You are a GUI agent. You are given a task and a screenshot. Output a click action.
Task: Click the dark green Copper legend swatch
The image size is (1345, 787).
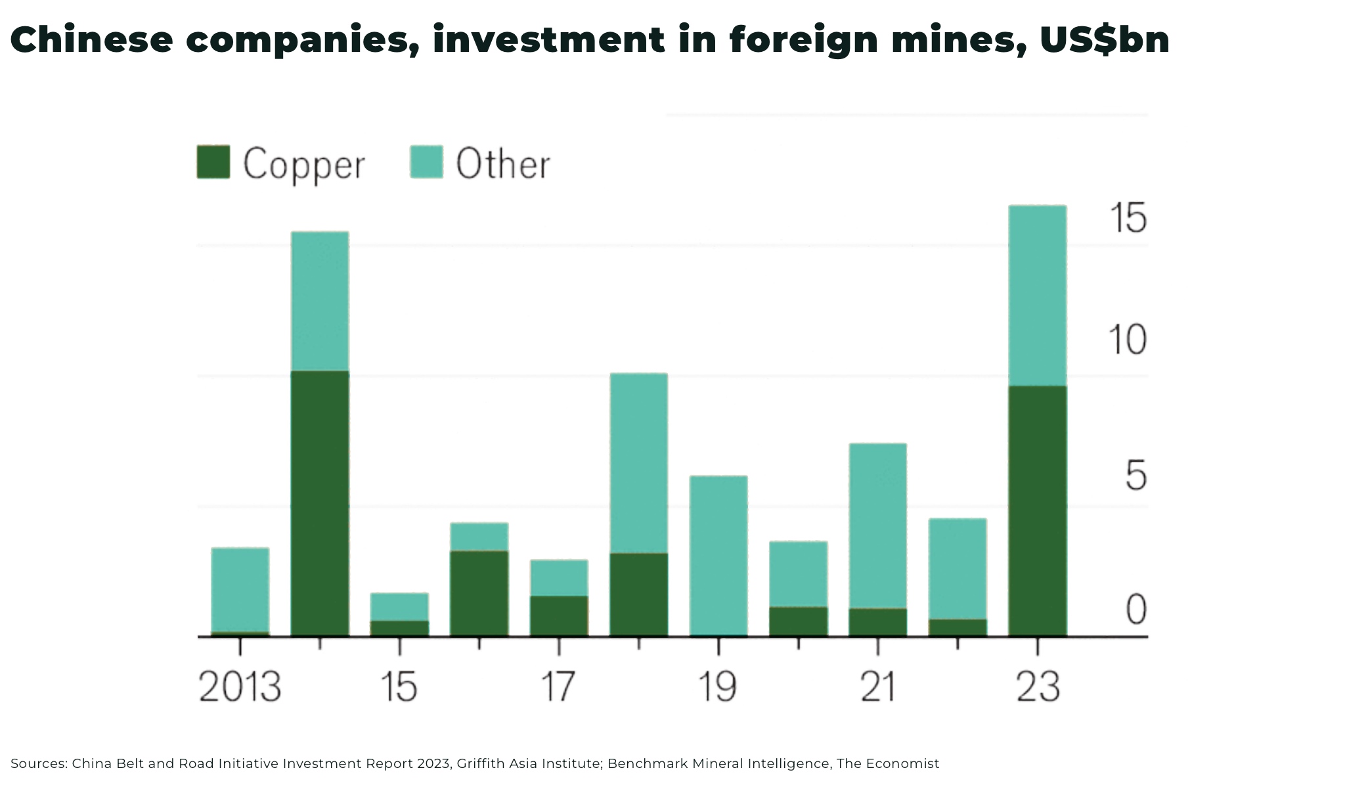pos(213,162)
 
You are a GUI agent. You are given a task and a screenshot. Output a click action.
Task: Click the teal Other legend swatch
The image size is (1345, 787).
pos(426,162)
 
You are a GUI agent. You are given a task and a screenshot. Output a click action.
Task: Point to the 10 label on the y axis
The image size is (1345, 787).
pos(1127,340)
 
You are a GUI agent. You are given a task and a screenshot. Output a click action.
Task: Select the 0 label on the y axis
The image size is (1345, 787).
pos(1136,609)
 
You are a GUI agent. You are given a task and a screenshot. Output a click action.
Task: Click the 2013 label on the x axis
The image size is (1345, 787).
pos(240,687)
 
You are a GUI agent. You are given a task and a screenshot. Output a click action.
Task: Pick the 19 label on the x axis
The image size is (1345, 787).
pos(717,687)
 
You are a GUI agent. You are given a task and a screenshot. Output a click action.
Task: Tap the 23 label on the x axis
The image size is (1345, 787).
pos(1038,687)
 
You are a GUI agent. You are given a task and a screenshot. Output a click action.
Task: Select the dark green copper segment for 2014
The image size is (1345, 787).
pos(320,503)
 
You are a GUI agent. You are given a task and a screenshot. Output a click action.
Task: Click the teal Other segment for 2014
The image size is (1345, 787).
pos(320,301)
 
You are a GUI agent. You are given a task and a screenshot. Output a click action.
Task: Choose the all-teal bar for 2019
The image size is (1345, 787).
pos(718,555)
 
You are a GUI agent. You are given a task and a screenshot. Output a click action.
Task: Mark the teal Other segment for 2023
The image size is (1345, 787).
pos(1037,296)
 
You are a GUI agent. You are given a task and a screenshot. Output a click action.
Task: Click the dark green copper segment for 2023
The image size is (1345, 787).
pos(1037,510)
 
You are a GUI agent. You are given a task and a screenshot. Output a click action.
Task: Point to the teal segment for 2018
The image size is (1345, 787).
pos(638,463)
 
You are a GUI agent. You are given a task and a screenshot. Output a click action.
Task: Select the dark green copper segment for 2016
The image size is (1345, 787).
pos(479,593)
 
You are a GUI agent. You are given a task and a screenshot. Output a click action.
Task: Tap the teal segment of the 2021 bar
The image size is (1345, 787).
pos(877,526)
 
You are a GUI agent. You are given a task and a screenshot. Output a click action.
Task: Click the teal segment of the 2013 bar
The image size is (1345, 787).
pos(240,589)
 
